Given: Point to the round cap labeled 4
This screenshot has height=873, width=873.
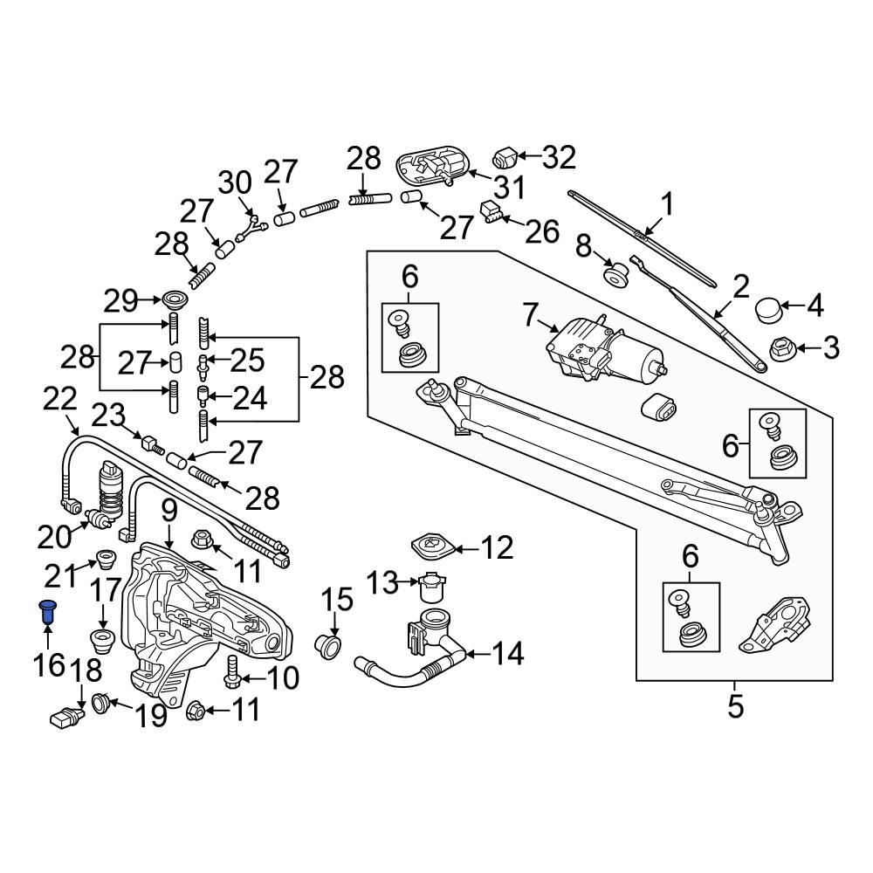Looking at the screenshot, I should [x=768, y=307].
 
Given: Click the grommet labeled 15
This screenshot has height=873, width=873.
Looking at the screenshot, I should [x=329, y=647].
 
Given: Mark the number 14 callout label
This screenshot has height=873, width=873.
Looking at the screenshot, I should [x=506, y=653].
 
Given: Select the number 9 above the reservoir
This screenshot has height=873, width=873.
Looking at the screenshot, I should [x=168, y=511].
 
